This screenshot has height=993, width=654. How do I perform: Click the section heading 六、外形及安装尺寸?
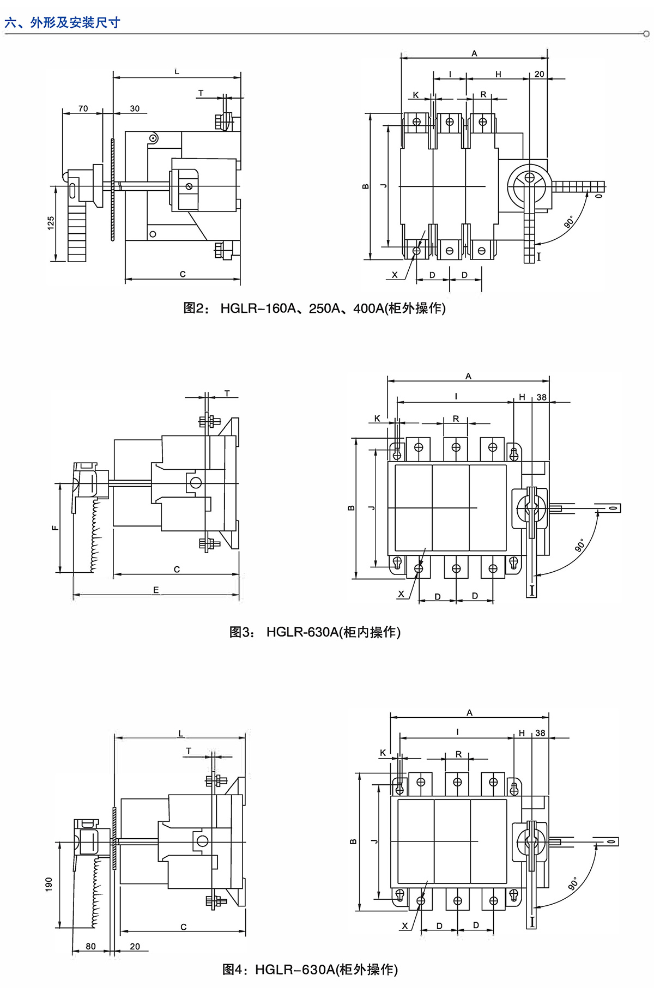coord(62,23)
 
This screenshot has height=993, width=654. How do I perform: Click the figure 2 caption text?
coord(314,308)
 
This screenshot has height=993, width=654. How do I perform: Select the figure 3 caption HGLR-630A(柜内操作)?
coord(315,632)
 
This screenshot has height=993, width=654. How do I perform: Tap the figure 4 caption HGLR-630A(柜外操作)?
coord(310,970)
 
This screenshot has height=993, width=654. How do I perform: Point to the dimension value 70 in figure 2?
coord(83,108)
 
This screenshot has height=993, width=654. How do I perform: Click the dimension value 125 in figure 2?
coord(51,223)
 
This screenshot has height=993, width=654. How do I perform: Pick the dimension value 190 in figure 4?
coord(49,883)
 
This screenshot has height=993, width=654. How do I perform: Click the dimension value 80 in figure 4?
coord(90,947)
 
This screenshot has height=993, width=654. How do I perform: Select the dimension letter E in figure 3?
coord(156,590)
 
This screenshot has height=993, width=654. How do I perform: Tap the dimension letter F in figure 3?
coord(55,528)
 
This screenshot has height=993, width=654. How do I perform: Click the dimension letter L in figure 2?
coord(177,71)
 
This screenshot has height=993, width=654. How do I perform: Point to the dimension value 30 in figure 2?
coord(135,108)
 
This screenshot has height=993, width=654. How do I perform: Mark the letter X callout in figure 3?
coord(401,594)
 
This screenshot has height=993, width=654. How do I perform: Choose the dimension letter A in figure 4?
coord(469,713)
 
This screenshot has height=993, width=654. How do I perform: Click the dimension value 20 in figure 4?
coord(135,947)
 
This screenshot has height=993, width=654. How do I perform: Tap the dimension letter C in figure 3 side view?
coord(177,570)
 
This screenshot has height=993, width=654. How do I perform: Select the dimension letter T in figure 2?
coord(201,93)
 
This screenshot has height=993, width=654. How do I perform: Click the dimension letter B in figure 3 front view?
coord(351,508)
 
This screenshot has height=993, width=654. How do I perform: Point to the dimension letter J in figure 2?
coord(384,186)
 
